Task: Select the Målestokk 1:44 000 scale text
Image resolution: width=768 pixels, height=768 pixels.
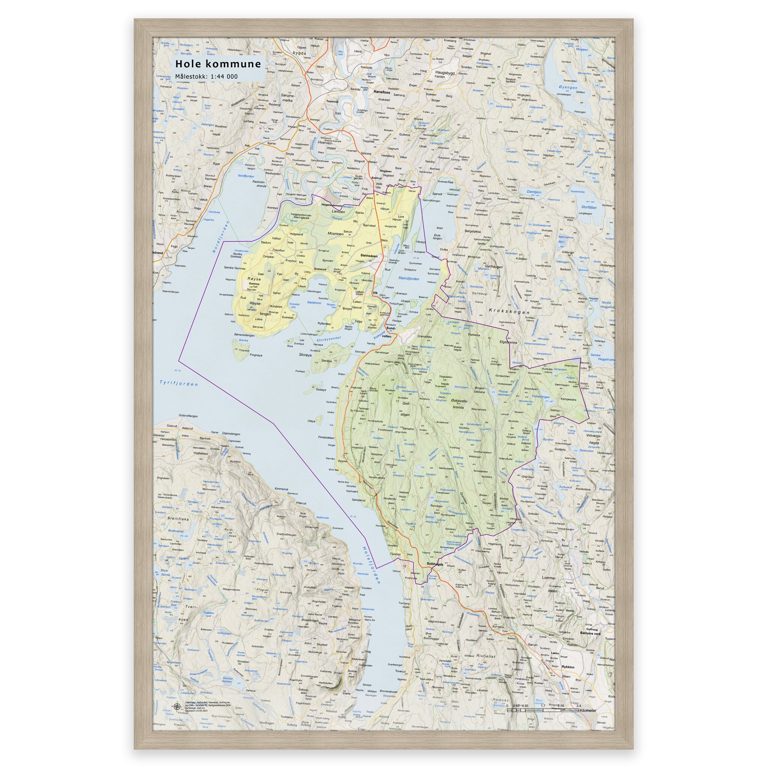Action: [207, 76]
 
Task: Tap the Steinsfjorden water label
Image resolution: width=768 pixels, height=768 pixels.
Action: [408, 279]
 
